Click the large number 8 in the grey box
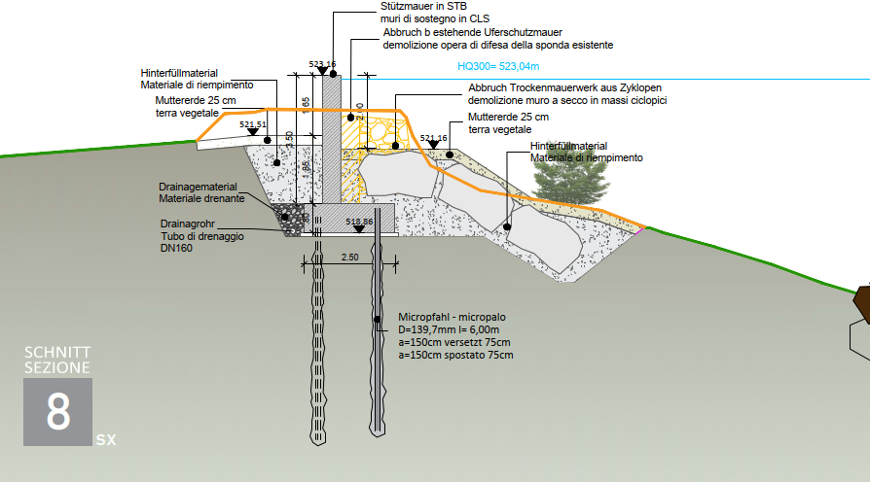point(57,412)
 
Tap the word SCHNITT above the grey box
point(57,352)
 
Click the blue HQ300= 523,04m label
point(498,68)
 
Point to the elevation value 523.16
point(322,64)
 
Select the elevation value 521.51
point(252,124)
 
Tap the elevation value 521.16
point(434,138)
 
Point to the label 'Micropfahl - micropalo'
point(451,318)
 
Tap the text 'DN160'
point(176,249)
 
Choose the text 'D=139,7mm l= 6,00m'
point(449,330)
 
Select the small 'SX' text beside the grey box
point(106,440)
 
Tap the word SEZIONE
point(57,367)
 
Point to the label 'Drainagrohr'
point(187,224)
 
